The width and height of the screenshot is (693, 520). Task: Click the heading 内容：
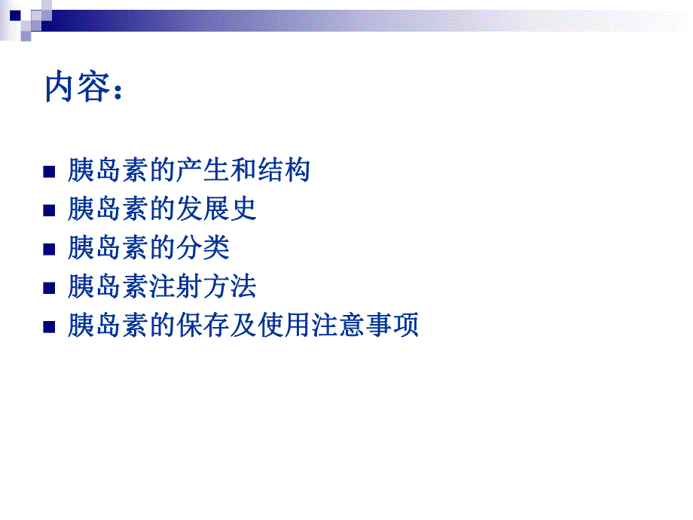83,88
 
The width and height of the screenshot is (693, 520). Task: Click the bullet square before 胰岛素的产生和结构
50,172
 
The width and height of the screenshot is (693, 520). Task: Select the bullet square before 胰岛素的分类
50,249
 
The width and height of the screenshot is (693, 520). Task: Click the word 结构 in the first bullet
284,170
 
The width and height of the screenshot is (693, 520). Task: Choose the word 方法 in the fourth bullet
230,287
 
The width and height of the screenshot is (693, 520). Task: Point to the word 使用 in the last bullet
284,326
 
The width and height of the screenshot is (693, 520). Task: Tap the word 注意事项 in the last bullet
365,326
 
